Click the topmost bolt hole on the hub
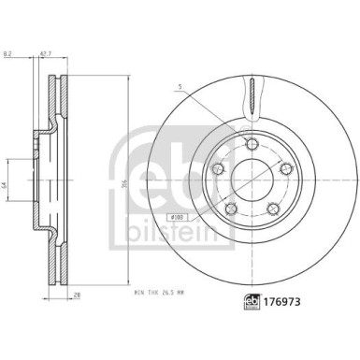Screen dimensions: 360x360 252,142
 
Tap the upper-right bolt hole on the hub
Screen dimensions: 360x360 284,166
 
